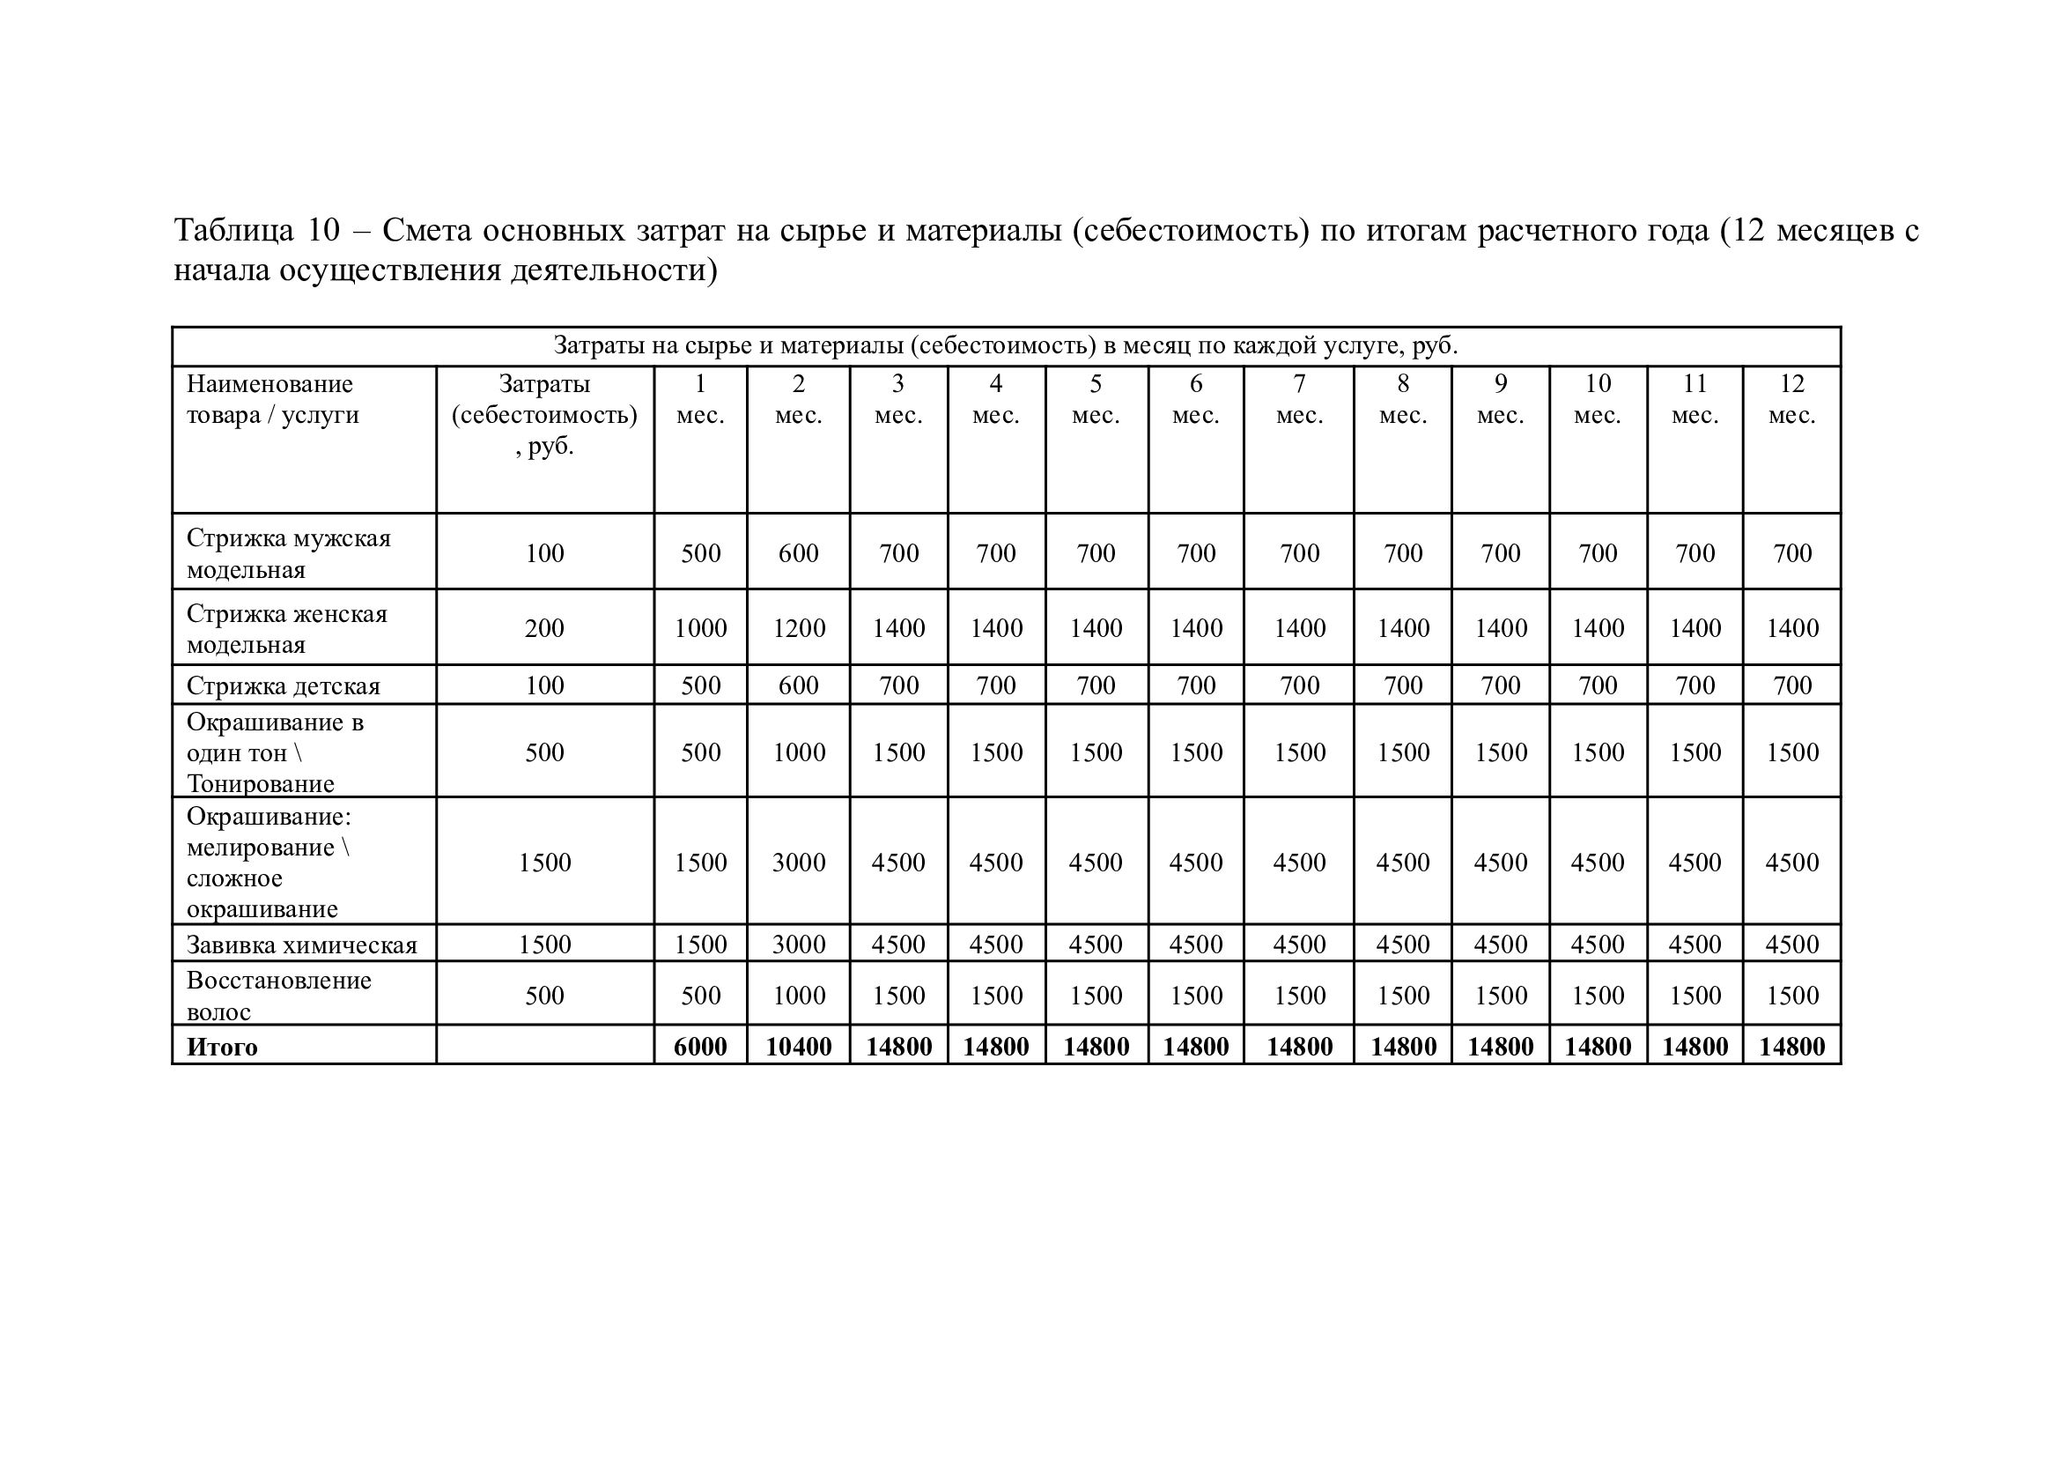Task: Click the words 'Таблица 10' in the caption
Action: (257, 231)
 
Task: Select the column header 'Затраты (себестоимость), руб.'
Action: (544, 415)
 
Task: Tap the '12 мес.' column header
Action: (1791, 399)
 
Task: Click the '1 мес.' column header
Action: (699, 399)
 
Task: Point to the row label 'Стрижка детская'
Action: (283, 686)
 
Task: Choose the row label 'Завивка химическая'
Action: (302, 945)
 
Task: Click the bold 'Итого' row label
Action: (222, 1048)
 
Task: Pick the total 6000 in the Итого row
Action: (699, 1048)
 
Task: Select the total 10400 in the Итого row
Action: (798, 1048)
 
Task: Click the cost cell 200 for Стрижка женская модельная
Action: (544, 628)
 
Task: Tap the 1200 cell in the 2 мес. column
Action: (798, 628)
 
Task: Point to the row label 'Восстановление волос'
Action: (278, 996)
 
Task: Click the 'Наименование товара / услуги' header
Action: (272, 400)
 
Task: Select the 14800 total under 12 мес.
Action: (1791, 1048)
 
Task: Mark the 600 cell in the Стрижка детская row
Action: (798, 686)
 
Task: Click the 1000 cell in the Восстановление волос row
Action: (798, 996)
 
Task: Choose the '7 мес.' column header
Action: (1298, 399)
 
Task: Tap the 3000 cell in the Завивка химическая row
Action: (798, 945)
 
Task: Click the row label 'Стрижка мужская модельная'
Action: (288, 553)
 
